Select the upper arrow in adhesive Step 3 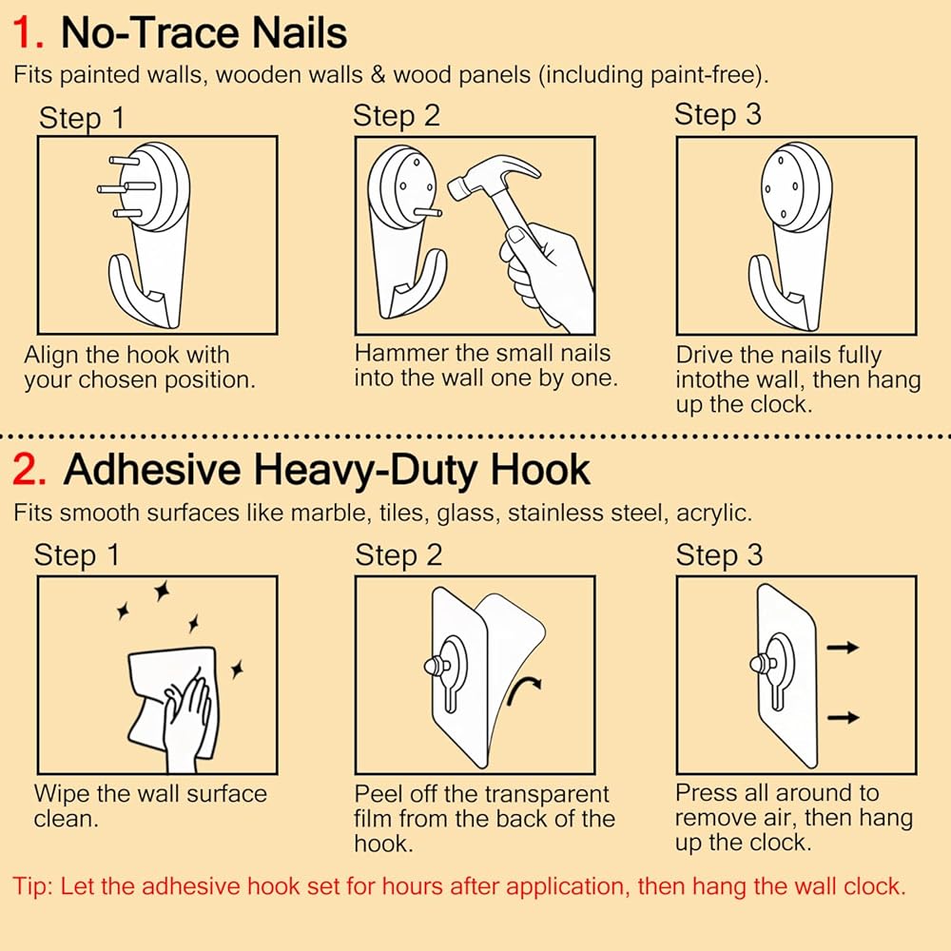[x=843, y=648]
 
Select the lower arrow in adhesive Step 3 [x=843, y=717]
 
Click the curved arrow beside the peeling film [x=522, y=690]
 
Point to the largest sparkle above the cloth [x=162, y=591]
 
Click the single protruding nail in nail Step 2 [x=428, y=212]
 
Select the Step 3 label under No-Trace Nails [x=717, y=115]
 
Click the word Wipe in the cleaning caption [x=61, y=794]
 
